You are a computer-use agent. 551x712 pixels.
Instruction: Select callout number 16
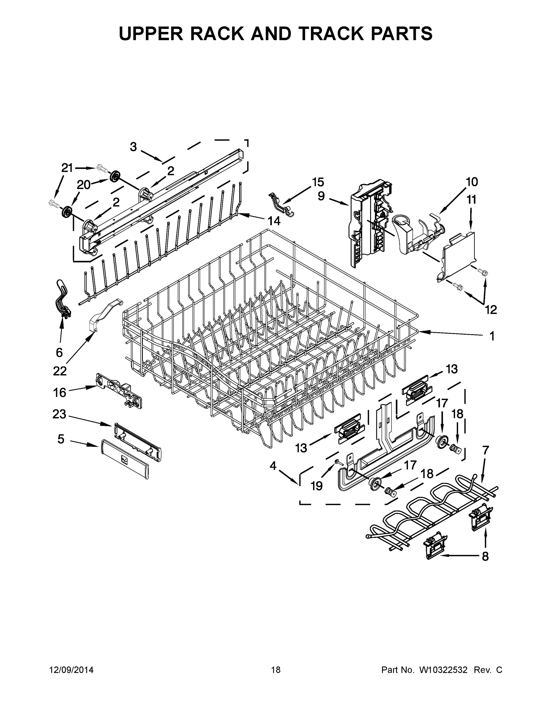pyautogui.click(x=60, y=392)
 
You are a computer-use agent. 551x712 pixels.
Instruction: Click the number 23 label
pyautogui.click(x=59, y=414)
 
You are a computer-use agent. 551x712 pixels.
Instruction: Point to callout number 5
pyautogui.click(x=61, y=439)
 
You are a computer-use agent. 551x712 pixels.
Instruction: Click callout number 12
pyautogui.click(x=491, y=309)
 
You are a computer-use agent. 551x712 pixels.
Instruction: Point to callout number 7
pyautogui.click(x=485, y=450)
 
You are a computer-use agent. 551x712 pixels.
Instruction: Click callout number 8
pyautogui.click(x=485, y=556)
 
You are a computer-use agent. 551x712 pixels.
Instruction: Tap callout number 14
pyautogui.click(x=274, y=221)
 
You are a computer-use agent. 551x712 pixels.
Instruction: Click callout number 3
pyautogui.click(x=133, y=147)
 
